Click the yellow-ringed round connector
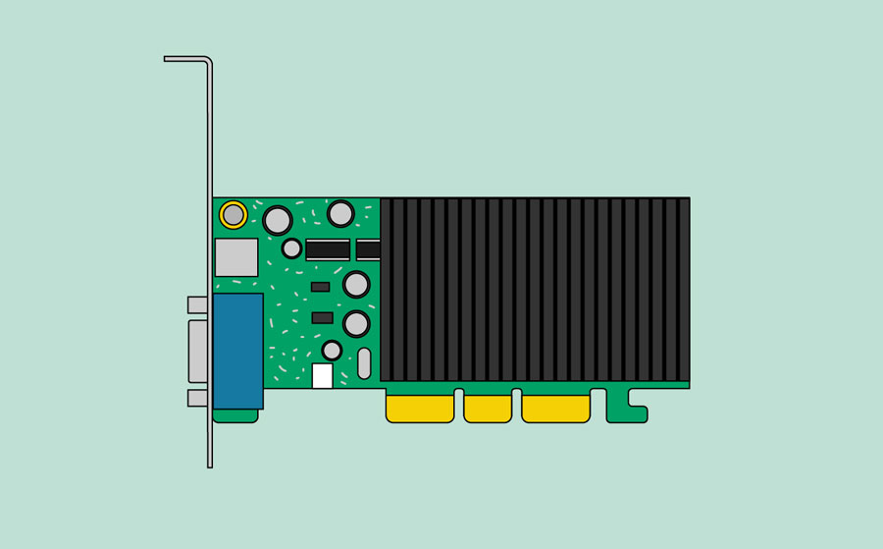(234, 214)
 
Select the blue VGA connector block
(238, 351)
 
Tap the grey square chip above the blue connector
(236, 257)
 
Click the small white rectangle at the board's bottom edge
(322, 376)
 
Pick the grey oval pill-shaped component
(364, 363)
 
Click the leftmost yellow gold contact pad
(420, 408)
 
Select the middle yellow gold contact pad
(488, 408)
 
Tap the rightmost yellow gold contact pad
(556, 408)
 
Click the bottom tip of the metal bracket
(210, 464)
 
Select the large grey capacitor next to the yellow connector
(278, 220)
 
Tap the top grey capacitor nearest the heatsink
(340, 213)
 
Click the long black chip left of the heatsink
(328, 249)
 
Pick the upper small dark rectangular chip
(320, 287)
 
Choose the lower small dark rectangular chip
(322, 317)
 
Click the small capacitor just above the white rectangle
(332, 351)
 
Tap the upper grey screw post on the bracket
(197, 304)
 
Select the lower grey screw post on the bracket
(197, 398)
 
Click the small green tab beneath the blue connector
(235, 415)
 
